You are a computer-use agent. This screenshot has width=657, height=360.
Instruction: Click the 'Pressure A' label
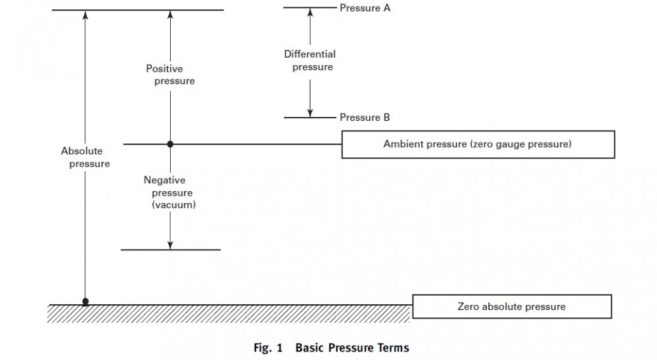click(365, 9)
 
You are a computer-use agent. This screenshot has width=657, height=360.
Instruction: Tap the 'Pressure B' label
click(365, 118)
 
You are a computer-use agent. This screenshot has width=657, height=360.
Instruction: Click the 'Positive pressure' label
click(170, 75)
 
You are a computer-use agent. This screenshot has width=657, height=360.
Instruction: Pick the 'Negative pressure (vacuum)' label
click(172, 192)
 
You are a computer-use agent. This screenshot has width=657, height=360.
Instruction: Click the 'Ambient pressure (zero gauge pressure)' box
click(478, 144)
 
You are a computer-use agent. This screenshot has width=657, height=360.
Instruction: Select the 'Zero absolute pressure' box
click(511, 306)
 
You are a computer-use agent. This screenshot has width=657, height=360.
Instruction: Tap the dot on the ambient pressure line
click(170, 144)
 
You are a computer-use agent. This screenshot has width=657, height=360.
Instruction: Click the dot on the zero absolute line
click(85, 302)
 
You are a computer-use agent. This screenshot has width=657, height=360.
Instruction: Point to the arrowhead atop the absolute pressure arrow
click(85, 14)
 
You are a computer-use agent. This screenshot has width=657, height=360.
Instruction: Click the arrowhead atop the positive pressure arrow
click(170, 14)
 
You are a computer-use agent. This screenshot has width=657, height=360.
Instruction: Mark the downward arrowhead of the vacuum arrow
click(170, 245)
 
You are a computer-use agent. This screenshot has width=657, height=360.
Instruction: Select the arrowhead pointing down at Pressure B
click(309, 113)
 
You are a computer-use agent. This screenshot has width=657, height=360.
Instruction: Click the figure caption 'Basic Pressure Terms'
click(352, 348)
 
